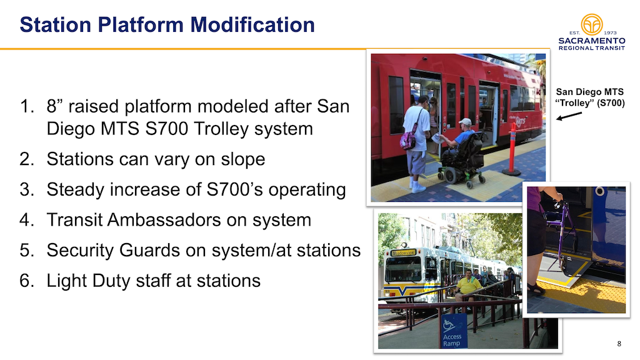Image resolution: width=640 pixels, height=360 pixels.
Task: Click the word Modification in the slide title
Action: pos(252,24)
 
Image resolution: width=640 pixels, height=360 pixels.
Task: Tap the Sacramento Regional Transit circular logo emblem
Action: pos(591,24)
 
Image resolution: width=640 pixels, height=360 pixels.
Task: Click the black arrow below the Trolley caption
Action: pos(569,116)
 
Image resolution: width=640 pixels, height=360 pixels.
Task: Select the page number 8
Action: pos(619,344)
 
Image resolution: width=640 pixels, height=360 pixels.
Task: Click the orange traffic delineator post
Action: pos(512,149)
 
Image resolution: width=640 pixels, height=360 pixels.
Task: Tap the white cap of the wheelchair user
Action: pos(465,122)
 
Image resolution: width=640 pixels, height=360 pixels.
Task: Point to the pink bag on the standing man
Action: pos(409,139)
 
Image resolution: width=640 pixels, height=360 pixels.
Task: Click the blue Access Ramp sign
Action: pos(453,331)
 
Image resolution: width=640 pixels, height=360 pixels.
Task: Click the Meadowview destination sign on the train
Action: pos(404,252)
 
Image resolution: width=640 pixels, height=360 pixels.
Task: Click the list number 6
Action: pos(27,281)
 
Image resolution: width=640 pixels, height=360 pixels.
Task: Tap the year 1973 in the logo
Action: pos(610,32)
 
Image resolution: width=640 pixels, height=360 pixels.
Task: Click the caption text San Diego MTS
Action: pos(590,92)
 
